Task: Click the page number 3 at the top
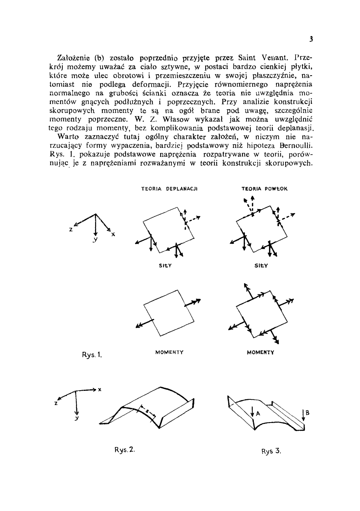tap(311, 39)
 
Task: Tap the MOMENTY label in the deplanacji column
tap(169, 352)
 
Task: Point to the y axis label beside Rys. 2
tap(77, 419)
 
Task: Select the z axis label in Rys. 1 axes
tap(71, 229)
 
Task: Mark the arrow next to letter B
tap(304, 415)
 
